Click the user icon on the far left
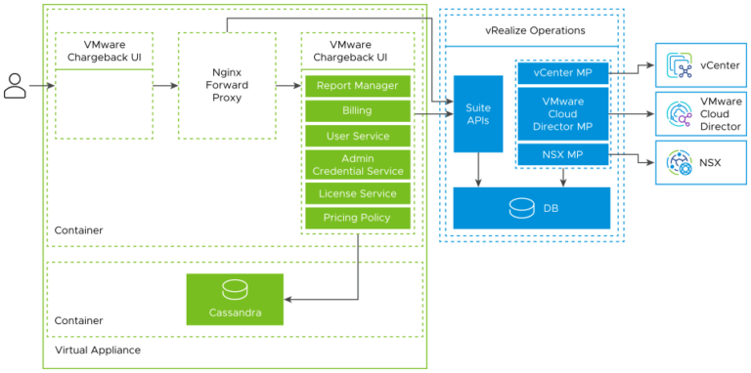tap(15, 86)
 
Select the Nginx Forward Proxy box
tap(227, 85)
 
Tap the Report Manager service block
tap(357, 86)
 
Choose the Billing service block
tap(357, 111)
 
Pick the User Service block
tap(357, 137)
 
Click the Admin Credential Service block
tap(357, 164)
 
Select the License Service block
tap(357, 192)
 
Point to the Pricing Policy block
tap(357, 218)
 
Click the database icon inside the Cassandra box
tap(235, 291)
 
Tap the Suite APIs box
tap(477, 113)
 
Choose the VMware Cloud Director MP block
tap(562, 113)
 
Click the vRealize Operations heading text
tap(535, 31)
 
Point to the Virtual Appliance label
tap(98, 350)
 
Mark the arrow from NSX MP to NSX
tap(634, 156)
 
